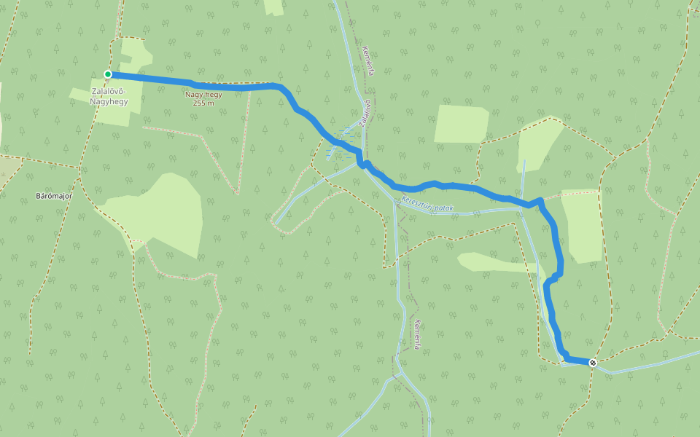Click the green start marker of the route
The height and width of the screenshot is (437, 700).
pos(108,74)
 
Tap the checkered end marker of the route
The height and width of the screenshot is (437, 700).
pos(593,362)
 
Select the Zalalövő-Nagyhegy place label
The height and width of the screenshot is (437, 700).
pos(109,96)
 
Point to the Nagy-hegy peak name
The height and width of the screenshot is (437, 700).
pos(203,95)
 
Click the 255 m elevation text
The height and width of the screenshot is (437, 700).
pos(203,103)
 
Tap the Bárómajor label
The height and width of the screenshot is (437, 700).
pos(52,197)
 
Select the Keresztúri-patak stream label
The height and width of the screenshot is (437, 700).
pos(427,208)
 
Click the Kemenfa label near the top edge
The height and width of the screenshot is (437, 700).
pos(368,61)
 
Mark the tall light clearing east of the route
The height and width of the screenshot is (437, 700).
pos(583,226)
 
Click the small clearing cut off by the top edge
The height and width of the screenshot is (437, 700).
pos(274,7)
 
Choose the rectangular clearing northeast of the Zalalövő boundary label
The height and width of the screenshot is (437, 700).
pos(461,124)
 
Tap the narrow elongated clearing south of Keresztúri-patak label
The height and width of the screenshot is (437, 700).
pos(496,262)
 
